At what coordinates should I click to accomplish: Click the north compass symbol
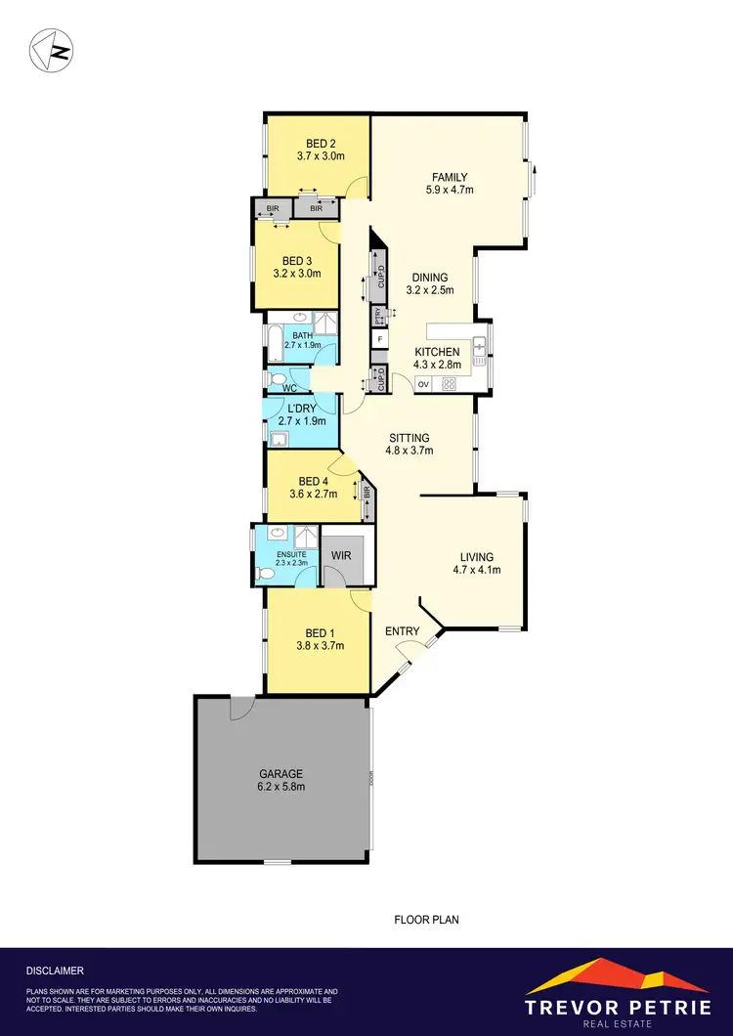coord(51,49)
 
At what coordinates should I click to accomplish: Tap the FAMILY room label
coord(451,177)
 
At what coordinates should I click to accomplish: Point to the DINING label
coord(429,277)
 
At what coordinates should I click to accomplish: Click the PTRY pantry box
coord(378,316)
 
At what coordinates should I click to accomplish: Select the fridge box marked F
coord(378,340)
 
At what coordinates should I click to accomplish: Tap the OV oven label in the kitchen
coord(423,384)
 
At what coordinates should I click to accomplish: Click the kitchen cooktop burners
coord(449,383)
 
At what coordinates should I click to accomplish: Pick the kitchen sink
coord(479,348)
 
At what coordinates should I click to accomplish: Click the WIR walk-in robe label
coord(341,555)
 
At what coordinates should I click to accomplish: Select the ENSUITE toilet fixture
coord(263,573)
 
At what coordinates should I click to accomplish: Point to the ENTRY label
coord(402,631)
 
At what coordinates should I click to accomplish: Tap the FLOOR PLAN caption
coord(426,920)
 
